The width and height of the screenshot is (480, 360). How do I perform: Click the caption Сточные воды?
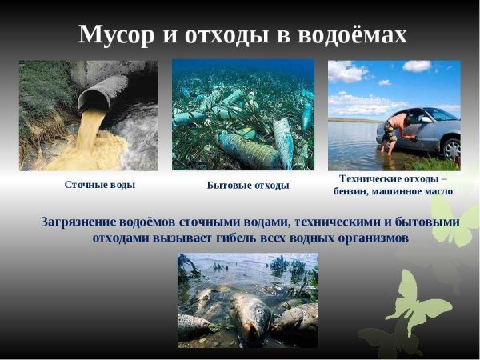click(x=100, y=184)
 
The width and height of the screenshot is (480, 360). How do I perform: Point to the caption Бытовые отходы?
click(x=248, y=185)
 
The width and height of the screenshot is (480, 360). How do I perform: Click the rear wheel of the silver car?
click(x=452, y=147)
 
